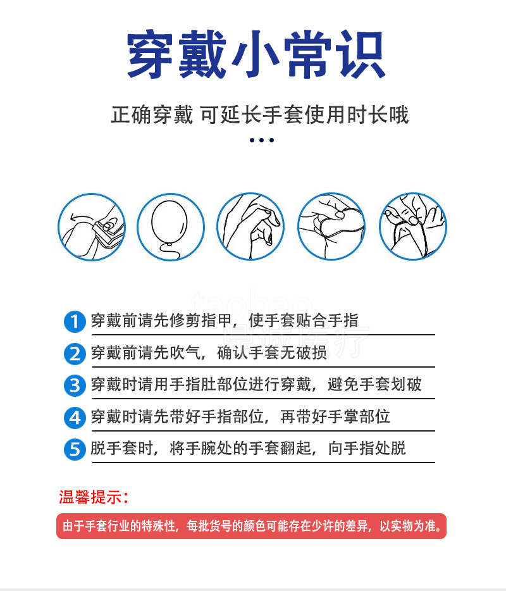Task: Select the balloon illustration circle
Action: (171, 227)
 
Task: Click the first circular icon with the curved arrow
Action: (92, 227)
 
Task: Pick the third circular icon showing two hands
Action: (250, 227)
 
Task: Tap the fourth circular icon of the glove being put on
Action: (331, 227)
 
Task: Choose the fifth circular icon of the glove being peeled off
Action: (413, 227)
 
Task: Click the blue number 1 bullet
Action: (75, 321)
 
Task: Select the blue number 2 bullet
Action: (75, 354)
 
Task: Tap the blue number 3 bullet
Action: (75, 385)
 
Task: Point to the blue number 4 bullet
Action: (75, 418)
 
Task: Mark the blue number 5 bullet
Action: (75, 450)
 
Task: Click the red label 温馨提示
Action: (94, 497)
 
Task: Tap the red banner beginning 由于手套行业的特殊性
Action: (251, 526)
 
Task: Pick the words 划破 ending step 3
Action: (406, 384)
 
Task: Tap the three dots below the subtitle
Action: (261, 140)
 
